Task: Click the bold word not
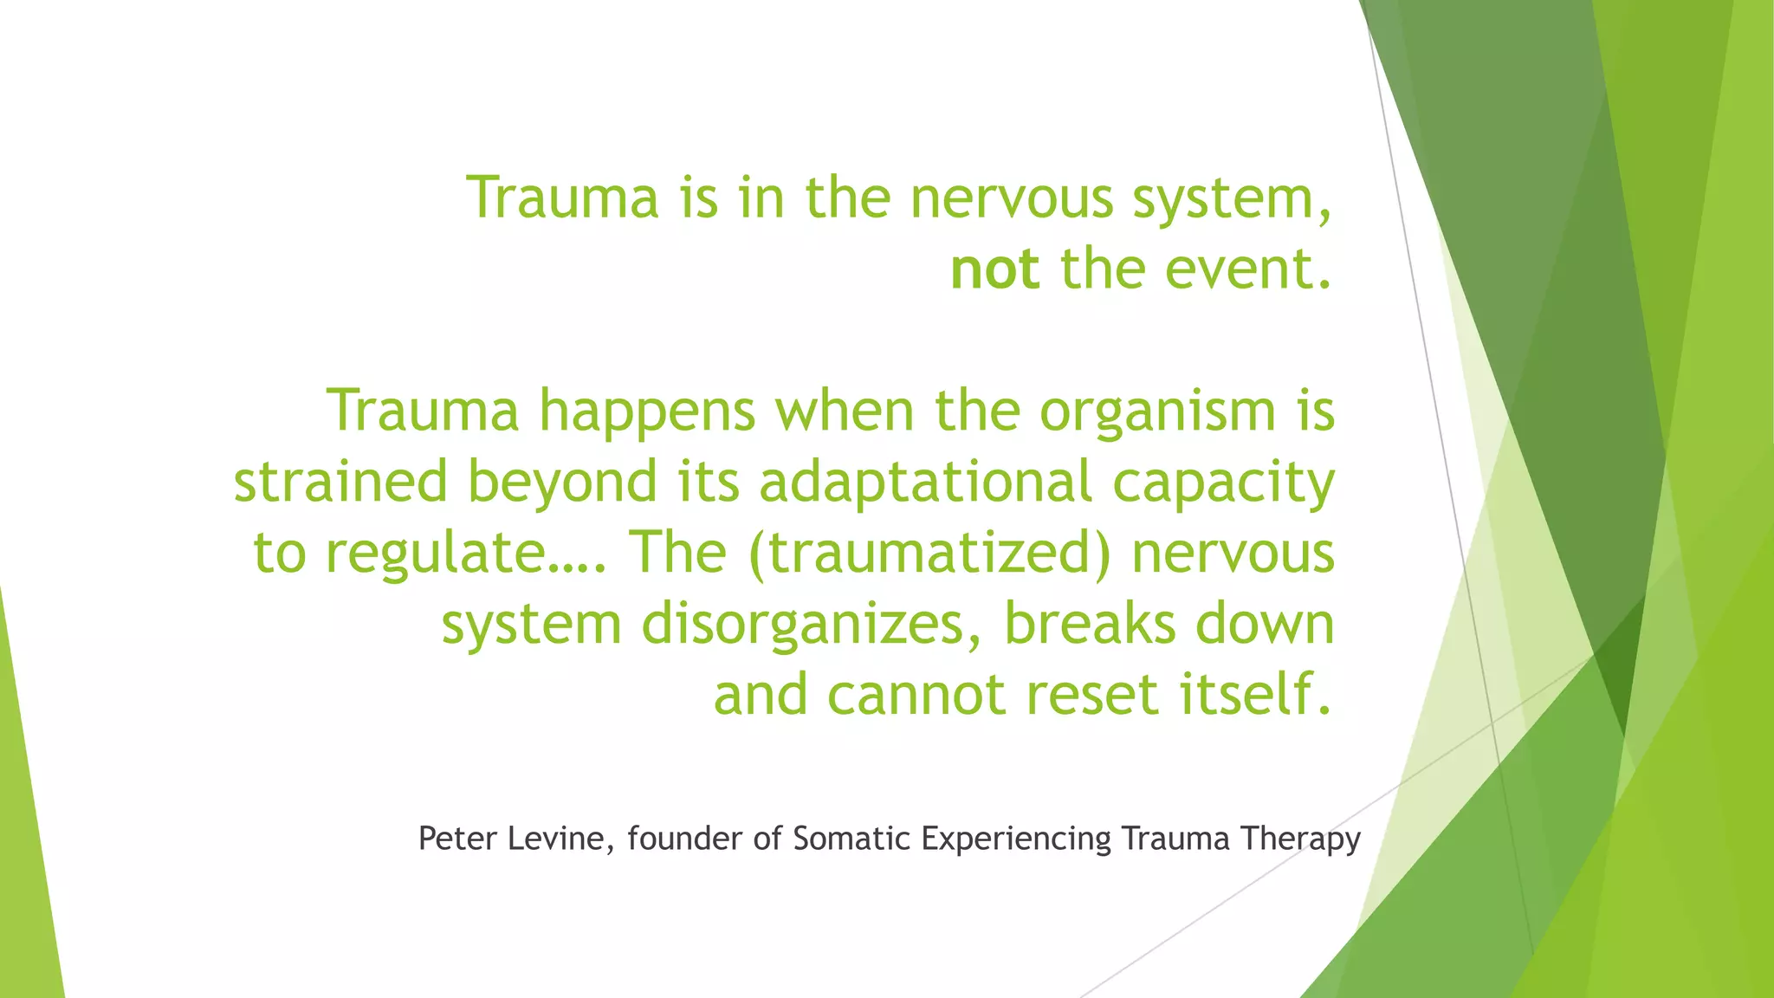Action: pos(994,269)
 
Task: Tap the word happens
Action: pos(647,412)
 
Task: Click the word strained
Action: pos(340,483)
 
